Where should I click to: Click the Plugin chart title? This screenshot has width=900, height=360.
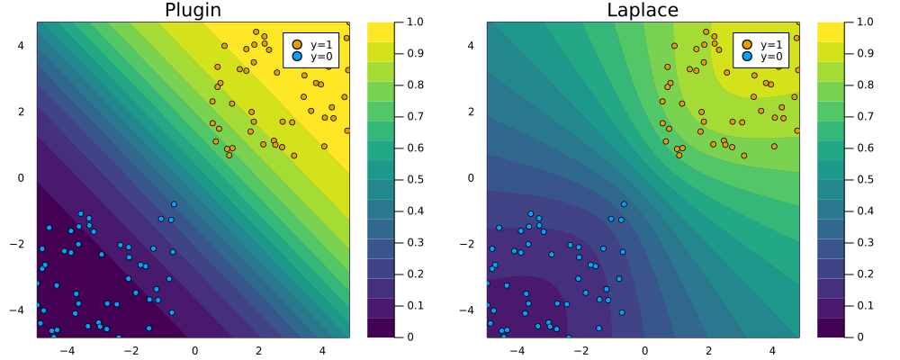click(192, 11)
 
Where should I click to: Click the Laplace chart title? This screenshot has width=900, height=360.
click(643, 11)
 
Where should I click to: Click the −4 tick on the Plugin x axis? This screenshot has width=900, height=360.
click(66, 349)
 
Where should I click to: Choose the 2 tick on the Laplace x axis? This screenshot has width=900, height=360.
click(708, 349)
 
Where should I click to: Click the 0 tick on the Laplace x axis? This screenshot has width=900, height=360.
click(644, 349)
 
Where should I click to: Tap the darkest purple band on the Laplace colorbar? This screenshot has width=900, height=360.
click(832, 328)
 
